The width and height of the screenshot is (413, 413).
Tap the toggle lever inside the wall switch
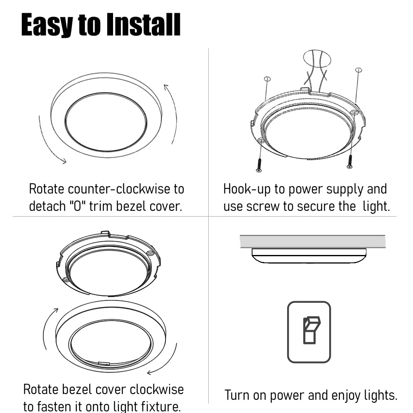pos(309,330)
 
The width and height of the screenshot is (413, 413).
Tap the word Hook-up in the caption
pos(246,189)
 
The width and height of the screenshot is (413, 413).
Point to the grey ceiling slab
pos(312,241)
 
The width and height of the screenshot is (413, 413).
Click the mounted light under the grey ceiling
pos(309,256)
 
